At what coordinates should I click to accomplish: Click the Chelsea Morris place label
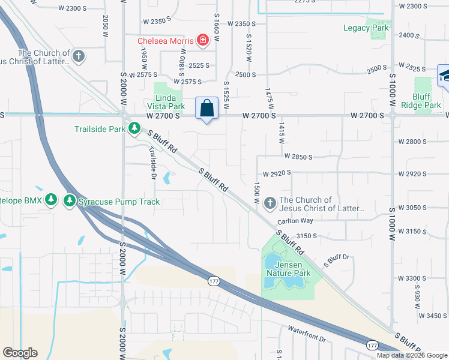point(166,41)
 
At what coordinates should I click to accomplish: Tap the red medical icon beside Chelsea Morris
point(203,41)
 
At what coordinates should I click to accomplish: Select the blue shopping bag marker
point(206,109)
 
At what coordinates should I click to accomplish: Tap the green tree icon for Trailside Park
point(136,128)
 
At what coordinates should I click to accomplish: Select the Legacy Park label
point(366,28)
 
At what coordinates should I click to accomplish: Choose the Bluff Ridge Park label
point(427,101)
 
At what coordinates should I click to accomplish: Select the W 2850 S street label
point(298,157)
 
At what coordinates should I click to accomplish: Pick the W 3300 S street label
point(412,278)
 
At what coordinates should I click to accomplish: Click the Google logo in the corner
point(20,353)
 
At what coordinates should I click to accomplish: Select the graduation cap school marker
point(445,76)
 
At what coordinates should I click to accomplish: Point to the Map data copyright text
point(412,355)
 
